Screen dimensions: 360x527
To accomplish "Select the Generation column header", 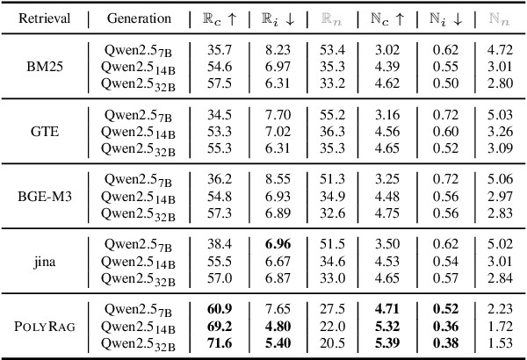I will [137, 18].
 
